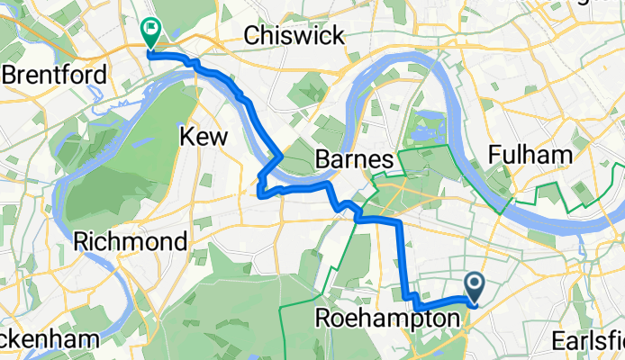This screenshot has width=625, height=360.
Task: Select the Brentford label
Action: tap(55, 75)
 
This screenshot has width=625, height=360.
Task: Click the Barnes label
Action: tap(354, 160)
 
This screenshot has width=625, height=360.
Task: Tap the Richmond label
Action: tap(131, 241)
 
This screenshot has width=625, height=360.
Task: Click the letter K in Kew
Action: tap(186, 137)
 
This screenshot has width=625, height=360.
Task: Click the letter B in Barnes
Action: tap(322, 160)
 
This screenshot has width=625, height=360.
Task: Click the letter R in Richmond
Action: tap(82, 241)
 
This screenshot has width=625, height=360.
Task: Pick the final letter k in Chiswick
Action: tap(340, 36)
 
